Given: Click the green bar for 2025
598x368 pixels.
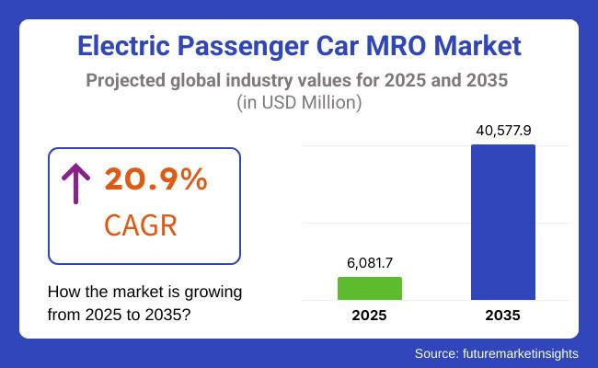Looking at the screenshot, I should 370,288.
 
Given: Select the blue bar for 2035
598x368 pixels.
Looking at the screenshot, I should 502,222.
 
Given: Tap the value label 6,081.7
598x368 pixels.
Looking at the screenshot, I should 370,263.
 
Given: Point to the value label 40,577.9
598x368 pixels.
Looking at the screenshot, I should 502,130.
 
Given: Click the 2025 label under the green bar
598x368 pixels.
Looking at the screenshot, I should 370,316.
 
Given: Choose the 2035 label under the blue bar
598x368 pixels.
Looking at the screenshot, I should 502,316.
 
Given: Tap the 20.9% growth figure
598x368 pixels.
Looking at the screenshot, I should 156,180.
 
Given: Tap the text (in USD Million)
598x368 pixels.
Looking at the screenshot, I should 299,102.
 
